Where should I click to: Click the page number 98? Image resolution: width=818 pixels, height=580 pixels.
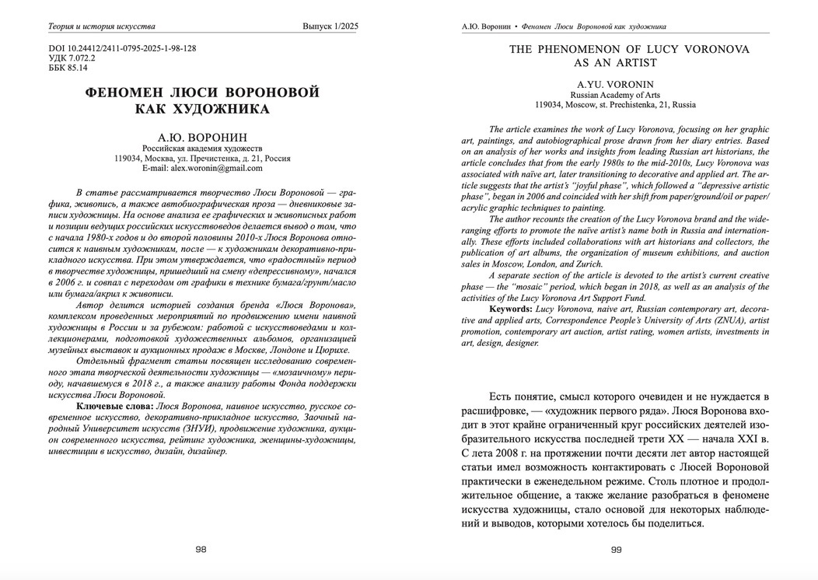(201, 549)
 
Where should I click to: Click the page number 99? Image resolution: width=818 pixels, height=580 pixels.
(616, 550)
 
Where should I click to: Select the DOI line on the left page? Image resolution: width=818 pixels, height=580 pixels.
(122, 48)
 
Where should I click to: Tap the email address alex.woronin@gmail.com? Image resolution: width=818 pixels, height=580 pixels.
(202, 168)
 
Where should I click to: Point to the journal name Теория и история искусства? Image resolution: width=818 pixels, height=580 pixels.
(101, 26)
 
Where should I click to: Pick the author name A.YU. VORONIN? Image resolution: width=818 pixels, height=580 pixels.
(615, 83)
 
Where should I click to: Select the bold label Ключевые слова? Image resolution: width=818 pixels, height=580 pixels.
(114, 407)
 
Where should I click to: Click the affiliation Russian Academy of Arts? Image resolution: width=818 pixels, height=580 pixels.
(615, 94)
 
